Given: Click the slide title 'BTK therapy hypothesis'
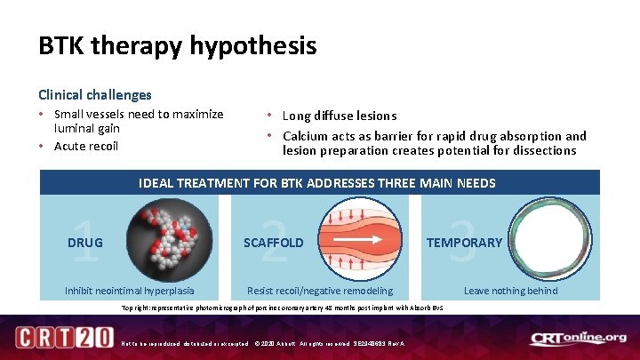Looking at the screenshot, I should pyautogui.click(x=177, y=46).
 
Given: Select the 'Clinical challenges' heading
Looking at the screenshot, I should pyautogui.click(x=94, y=94).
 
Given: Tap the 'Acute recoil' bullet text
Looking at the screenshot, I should pyautogui.click(x=85, y=146).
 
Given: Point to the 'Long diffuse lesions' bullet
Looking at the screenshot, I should pyautogui.click(x=339, y=116).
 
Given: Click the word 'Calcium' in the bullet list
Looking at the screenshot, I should pyautogui.click(x=306, y=136).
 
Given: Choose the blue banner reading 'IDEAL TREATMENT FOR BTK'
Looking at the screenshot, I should pyautogui.click(x=317, y=183).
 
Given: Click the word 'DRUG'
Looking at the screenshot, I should pyautogui.click(x=85, y=242).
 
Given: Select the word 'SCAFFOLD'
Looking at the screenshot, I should pyautogui.click(x=274, y=242).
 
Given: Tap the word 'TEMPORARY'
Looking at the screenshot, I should pyautogui.click(x=464, y=242).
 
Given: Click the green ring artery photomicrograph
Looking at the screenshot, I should pyautogui.click(x=552, y=240).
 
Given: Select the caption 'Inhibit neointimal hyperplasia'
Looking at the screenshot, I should pyautogui.click(x=130, y=291).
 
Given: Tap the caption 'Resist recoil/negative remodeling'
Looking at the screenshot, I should pyautogui.click(x=319, y=291).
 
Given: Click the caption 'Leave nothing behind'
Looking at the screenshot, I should pyautogui.click(x=511, y=291).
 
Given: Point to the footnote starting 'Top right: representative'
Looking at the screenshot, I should pyautogui.click(x=282, y=308).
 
